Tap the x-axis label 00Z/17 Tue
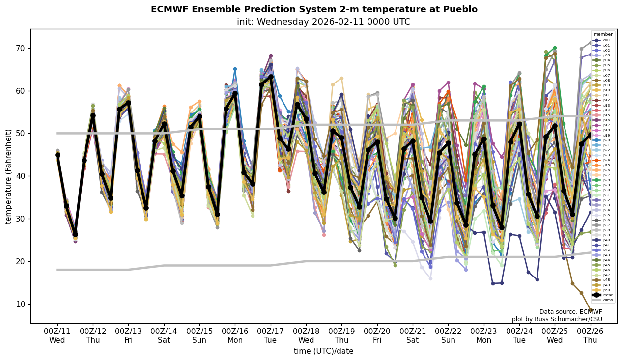(x=271, y=334)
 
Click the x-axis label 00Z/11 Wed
(x=57, y=334)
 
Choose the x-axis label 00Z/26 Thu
(x=590, y=334)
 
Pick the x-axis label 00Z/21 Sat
(x=413, y=334)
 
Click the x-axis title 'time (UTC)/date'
(x=323, y=351)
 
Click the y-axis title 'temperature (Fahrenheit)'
(x=9, y=176)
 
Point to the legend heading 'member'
(x=603, y=34)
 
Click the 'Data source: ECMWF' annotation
(x=570, y=312)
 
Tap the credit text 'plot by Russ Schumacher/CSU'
(x=557, y=319)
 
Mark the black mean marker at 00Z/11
(x=57, y=155)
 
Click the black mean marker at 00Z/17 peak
(x=271, y=77)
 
